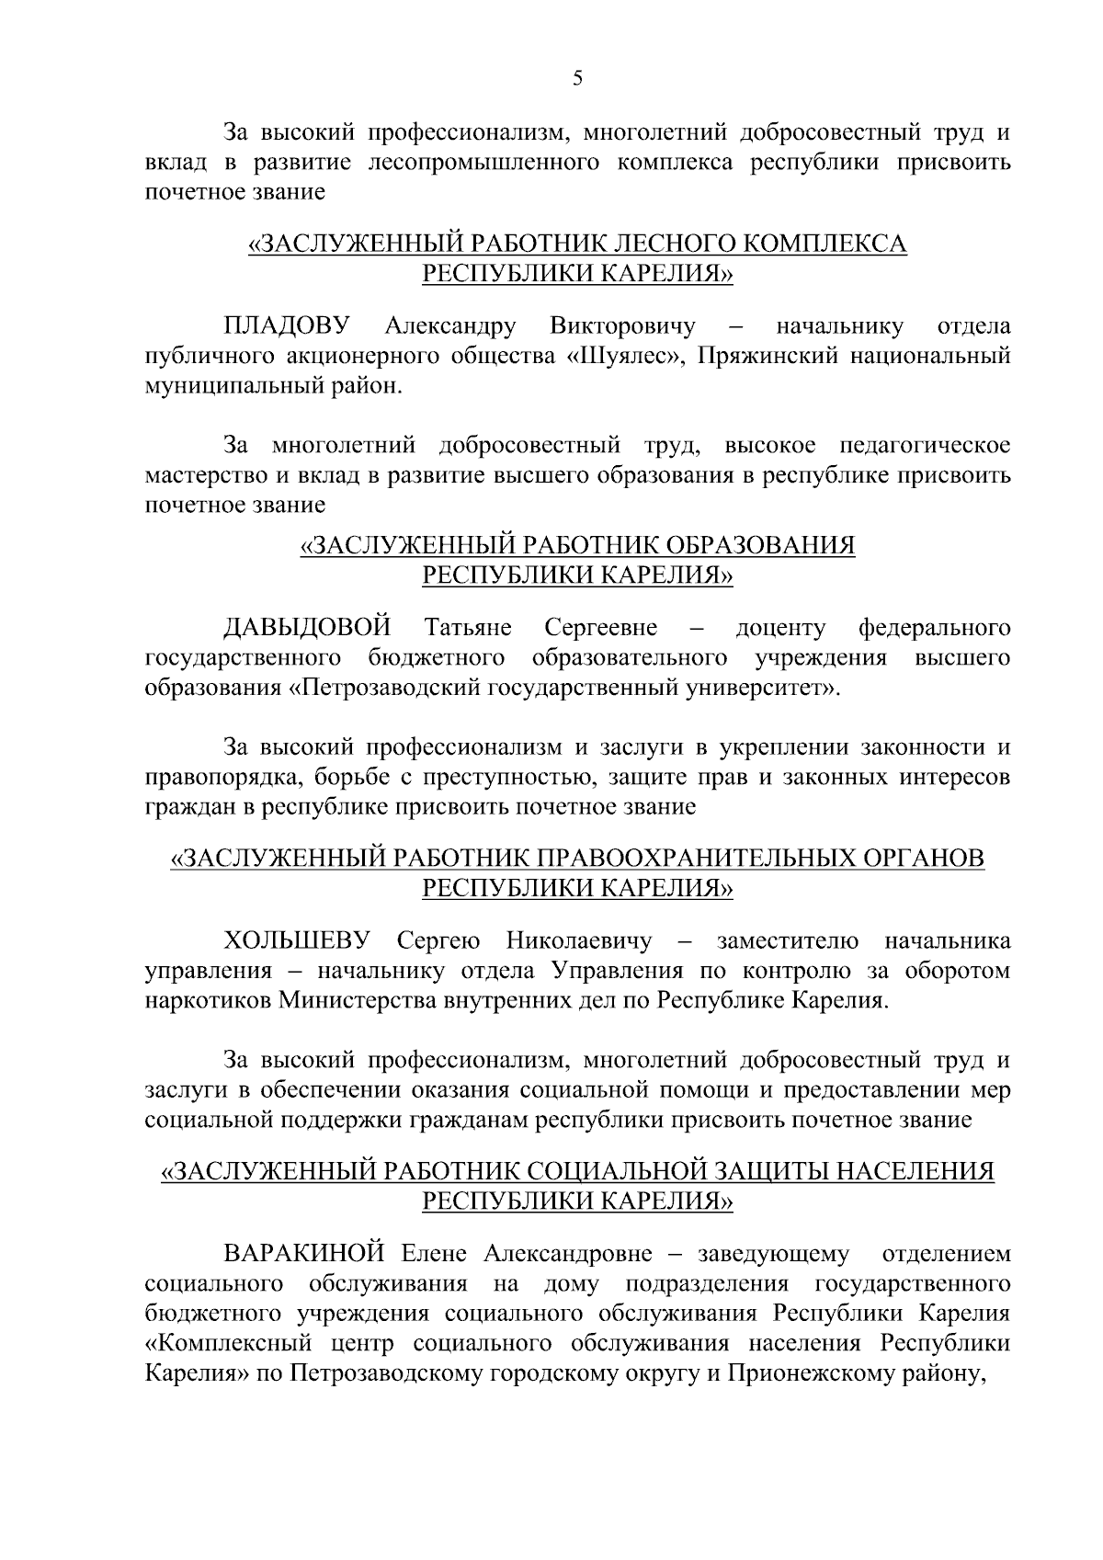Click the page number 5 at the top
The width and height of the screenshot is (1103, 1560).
tap(577, 79)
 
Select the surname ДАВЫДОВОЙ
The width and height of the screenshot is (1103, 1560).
tap(307, 629)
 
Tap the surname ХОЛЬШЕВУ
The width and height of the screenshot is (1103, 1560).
tap(297, 941)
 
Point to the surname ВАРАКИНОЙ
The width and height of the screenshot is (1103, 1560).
tap(302, 1255)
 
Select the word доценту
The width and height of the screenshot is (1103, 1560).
tap(780, 629)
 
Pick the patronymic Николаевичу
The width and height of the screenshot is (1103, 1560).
tap(578, 941)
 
